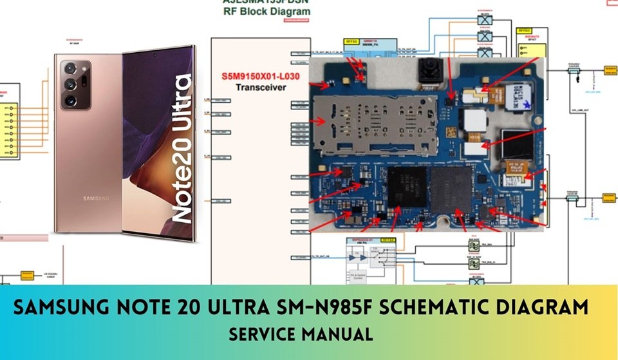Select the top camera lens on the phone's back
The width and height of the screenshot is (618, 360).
coord(70,69)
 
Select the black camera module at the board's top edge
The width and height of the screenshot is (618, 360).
coord(427,72)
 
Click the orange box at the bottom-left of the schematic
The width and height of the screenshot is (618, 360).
coord(26,275)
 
